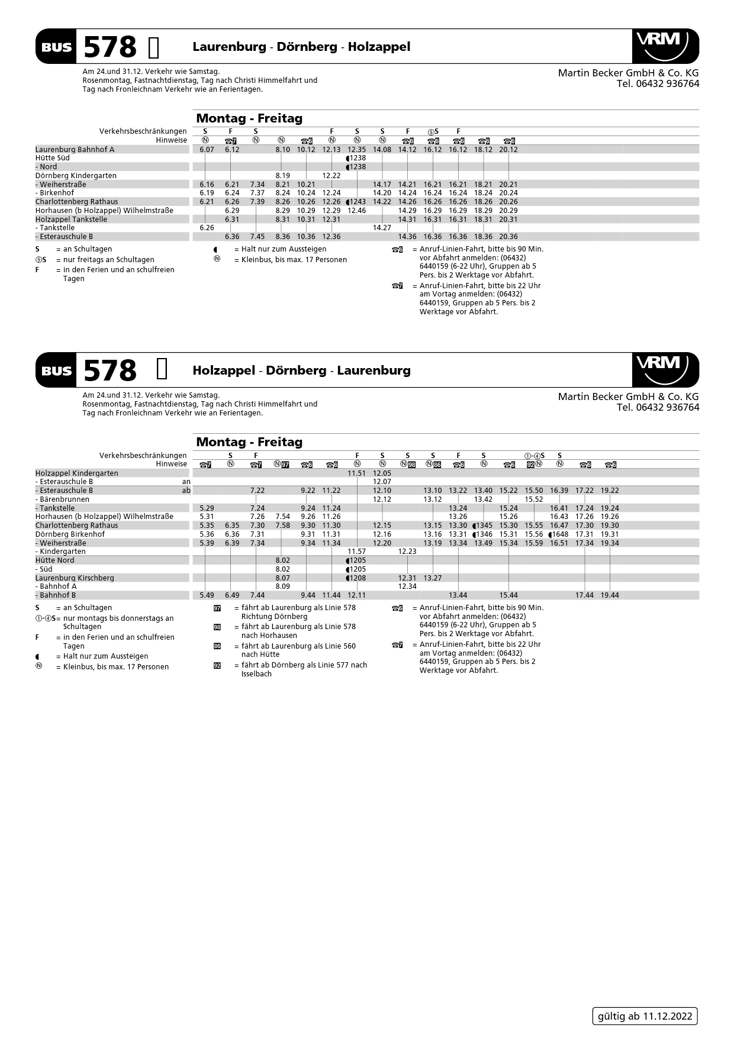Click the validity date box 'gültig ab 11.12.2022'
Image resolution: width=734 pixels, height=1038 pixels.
[645, 1016]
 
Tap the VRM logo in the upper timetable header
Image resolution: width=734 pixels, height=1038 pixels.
[665, 46]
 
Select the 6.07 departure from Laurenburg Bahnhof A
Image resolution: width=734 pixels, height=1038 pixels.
[207, 150]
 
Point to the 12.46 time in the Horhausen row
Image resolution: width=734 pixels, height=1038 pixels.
[356, 211]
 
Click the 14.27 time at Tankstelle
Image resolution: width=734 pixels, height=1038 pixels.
[382, 228]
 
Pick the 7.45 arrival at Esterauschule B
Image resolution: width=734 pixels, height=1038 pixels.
[257, 237]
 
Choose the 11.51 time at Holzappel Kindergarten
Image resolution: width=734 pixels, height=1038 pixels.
[356, 473]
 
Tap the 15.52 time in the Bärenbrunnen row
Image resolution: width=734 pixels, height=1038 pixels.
[533, 499]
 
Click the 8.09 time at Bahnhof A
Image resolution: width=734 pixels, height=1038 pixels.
[282, 586]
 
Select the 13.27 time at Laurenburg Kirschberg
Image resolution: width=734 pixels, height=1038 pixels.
[432, 578]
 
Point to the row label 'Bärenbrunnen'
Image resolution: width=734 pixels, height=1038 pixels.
[65, 499]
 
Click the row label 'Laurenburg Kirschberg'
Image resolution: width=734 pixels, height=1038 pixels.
[75, 578]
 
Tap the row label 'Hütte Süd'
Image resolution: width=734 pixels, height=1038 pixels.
[52, 158]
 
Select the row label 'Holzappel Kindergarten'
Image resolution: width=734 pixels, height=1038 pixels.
[76, 473]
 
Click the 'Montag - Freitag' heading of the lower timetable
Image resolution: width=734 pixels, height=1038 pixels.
[249, 442]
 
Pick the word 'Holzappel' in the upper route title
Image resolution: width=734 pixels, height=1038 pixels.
[379, 47]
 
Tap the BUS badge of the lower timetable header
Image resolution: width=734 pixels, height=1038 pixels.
[57, 371]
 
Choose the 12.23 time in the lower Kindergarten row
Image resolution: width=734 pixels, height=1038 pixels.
[407, 552]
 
